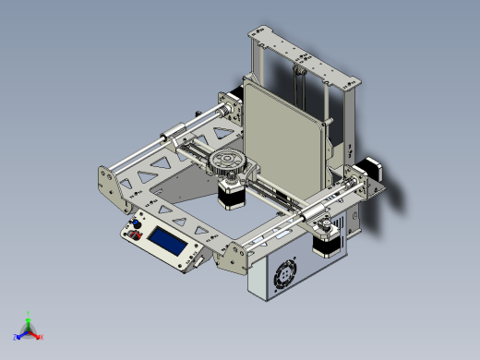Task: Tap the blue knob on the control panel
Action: click(x=137, y=225)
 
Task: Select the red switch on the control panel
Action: click(x=136, y=237)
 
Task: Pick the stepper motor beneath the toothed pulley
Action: click(x=229, y=192)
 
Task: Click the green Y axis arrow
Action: click(x=29, y=316)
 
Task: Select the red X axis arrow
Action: click(x=39, y=336)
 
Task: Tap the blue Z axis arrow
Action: click(x=19, y=336)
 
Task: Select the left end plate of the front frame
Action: click(x=111, y=185)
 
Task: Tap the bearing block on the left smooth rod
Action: click(x=174, y=136)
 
